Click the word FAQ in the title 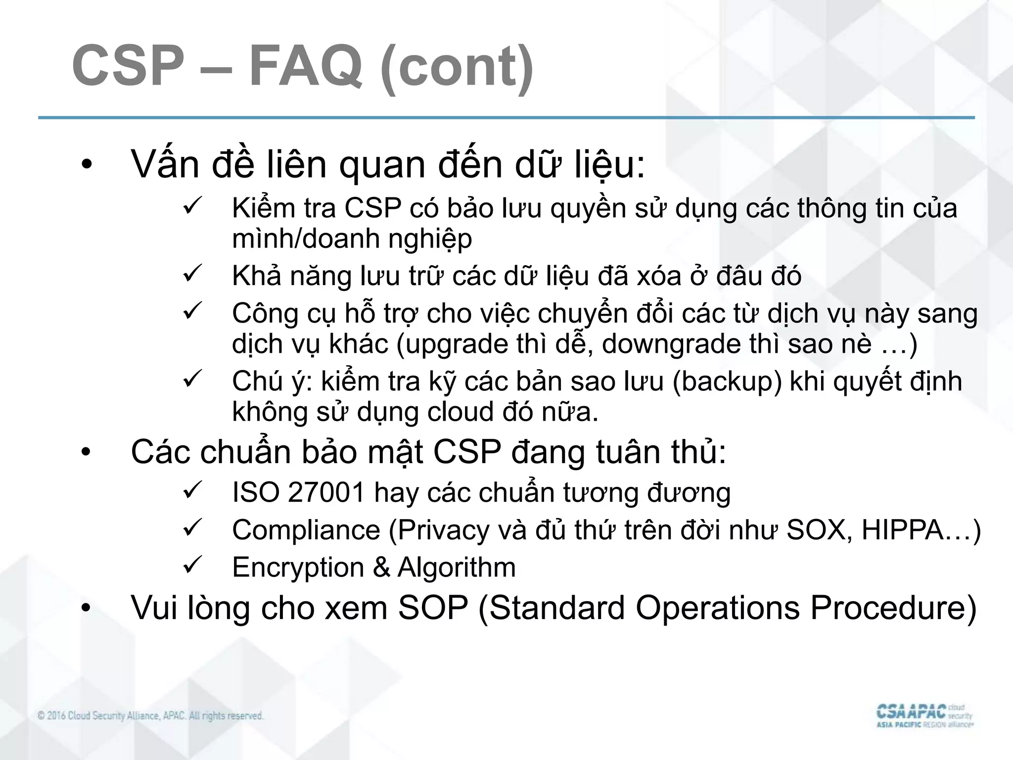click(305, 67)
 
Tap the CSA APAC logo click(924, 716)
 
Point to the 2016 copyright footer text click(150, 715)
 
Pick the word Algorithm click(457, 567)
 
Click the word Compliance click(306, 530)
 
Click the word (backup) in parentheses click(727, 381)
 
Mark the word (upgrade click(452, 344)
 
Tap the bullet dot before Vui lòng click(87, 609)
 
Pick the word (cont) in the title click(457, 67)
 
